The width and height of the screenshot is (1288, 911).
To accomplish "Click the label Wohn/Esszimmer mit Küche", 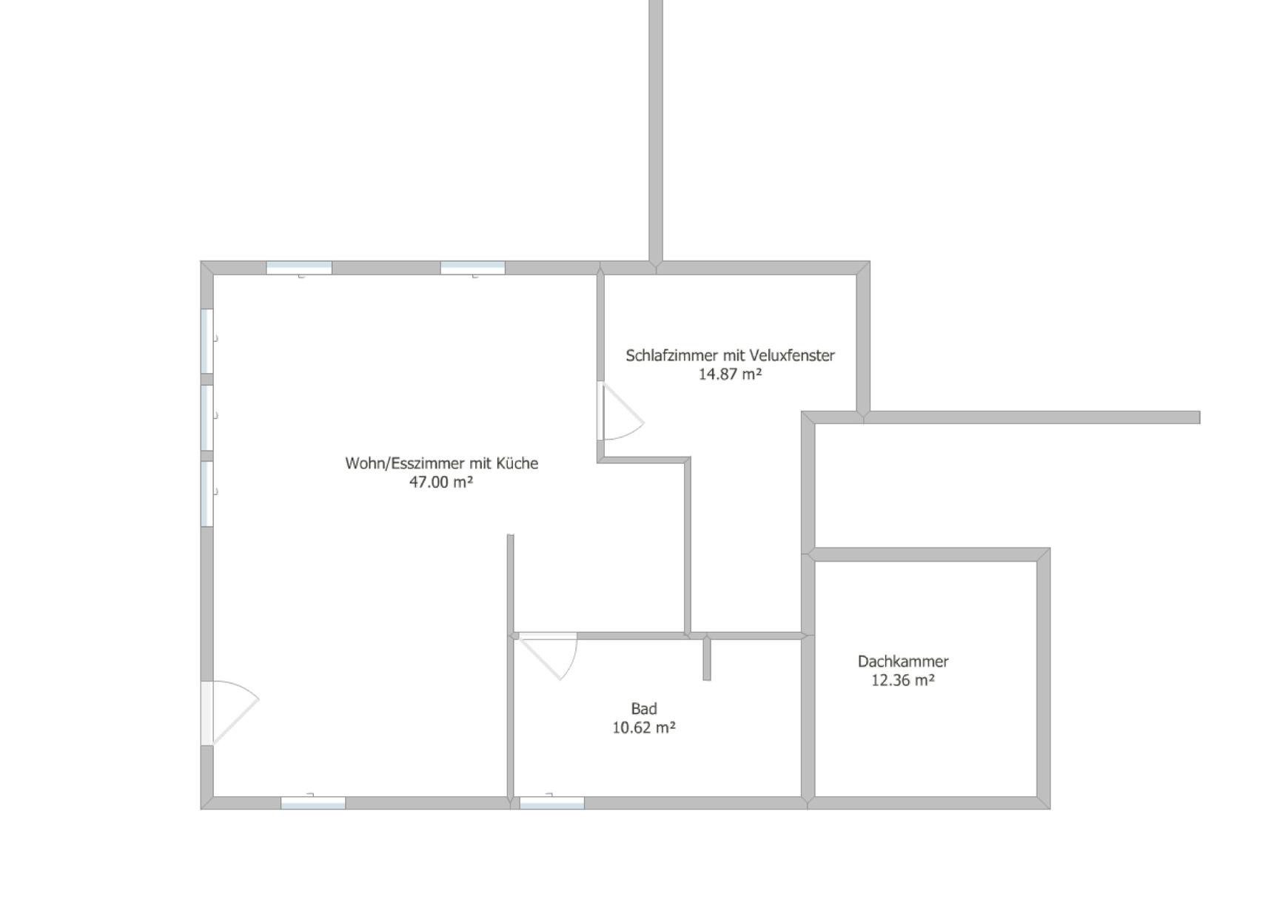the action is (x=441, y=463).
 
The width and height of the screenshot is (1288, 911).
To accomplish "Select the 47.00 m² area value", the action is (x=441, y=482).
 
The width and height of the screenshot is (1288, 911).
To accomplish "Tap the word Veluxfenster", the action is (x=792, y=355).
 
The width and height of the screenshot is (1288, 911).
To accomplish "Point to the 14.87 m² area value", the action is (x=730, y=374).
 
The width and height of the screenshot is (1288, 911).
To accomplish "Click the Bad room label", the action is (x=644, y=708).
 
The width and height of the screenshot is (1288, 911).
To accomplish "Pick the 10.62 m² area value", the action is (x=644, y=727).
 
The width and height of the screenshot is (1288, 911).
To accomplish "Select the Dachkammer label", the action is (x=903, y=661).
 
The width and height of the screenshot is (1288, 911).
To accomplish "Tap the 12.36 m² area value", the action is (x=903, y=680).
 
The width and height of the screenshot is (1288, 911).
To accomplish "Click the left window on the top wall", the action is (x=299, y=268).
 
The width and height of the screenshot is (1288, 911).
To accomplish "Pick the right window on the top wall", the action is (x=473, y=268).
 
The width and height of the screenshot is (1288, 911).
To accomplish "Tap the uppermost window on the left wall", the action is (x=207, y=341).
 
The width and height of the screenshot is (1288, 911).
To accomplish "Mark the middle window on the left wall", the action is (x=207, y=417).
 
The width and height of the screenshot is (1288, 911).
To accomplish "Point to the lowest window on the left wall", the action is (x=207, y=494).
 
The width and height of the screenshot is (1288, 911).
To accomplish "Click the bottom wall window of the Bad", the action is (x=552, y=802).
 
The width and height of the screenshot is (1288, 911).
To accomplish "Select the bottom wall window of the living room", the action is (x=313, y=802).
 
